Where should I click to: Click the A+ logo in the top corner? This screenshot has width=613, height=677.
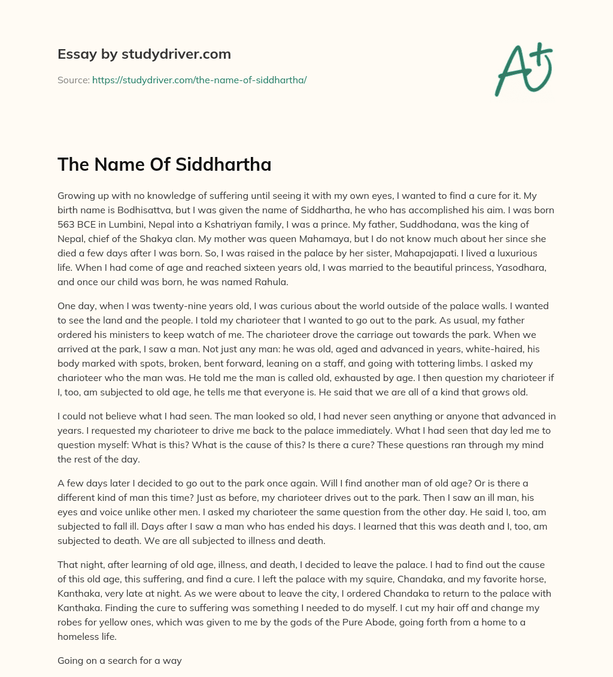[523, 69]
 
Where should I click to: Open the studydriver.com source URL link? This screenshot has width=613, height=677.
[199, 80]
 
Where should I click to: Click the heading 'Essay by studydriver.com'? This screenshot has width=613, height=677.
[144, 54]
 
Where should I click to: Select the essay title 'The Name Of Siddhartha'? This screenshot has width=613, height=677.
[164, 165]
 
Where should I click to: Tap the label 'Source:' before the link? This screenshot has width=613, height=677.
[73, 80]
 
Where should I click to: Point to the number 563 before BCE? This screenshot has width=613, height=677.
[66, 225]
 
